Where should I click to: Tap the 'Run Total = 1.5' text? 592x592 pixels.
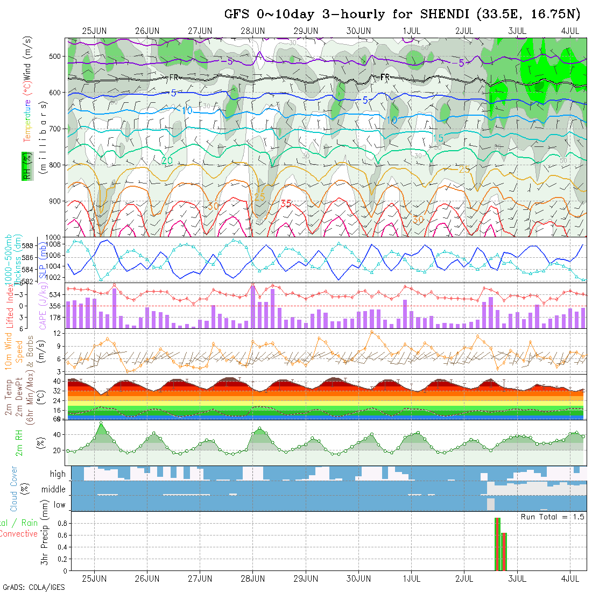[x=552, y=517]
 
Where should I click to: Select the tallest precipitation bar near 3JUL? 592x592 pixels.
[x=497, y=544]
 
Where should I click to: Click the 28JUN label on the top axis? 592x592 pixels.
[x=253, y=31]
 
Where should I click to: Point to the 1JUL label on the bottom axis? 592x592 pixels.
[x=412, y=579]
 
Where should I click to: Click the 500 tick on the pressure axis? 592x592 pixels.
[x=57, y=56]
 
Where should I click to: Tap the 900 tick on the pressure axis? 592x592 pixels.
[x=57, y=201]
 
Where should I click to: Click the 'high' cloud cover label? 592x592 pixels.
[x=58, y=474]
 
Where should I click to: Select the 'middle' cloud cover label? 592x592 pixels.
[x=53, y=489]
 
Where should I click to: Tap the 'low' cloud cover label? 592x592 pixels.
[x=59, y=505]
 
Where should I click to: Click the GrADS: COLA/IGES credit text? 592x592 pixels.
[x=33, y=587]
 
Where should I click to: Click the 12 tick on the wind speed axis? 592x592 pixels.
[x=61, y=334]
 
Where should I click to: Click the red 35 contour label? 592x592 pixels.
[x=285, y=203]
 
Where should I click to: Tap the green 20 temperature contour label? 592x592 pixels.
[x=167, y=160]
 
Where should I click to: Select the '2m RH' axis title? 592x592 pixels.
[x=19, y=442]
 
